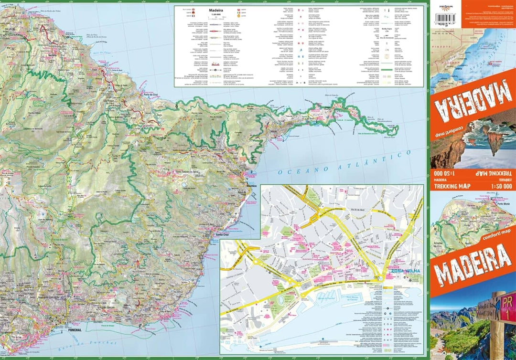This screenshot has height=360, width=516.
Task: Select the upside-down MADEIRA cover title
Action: click(473, 98)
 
